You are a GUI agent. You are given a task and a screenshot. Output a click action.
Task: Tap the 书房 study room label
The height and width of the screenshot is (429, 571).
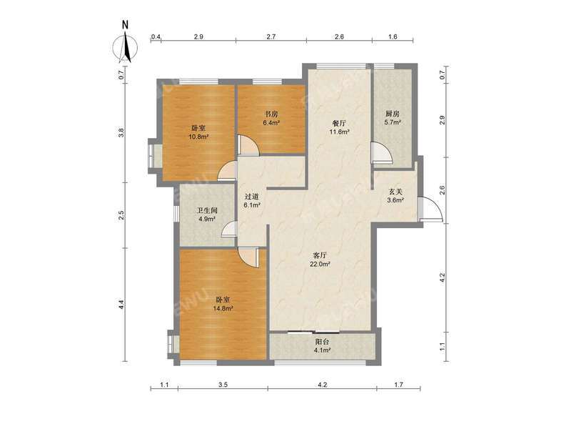(271, 113)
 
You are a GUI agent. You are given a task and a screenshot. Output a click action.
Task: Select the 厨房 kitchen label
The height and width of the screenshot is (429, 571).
(393, 113)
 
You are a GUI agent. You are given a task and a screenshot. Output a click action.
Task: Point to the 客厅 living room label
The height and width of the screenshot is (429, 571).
(320, 255)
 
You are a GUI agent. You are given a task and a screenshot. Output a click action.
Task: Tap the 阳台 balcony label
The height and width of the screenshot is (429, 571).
(323, 342)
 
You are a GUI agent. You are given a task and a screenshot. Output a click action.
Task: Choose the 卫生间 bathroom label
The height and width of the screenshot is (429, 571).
(207, 210)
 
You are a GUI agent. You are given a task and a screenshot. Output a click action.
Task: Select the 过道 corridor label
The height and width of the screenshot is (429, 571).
(251, 196)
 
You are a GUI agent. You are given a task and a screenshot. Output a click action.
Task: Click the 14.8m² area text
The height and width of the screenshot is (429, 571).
(223, 309)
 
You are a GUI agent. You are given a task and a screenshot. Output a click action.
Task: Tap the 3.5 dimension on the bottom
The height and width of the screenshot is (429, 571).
(223, 385)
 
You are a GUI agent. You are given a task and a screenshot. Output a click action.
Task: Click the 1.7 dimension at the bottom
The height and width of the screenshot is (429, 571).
(398, 385)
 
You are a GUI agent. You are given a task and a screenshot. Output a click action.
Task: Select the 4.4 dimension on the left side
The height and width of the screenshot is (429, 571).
(122, 304)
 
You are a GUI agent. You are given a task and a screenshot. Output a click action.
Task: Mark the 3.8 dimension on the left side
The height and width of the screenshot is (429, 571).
(122, 132)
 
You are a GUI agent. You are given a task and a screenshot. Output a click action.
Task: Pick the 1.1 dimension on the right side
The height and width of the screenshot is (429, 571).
(443, 346)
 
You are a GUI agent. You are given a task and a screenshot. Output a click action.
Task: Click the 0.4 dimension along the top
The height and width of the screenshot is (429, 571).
(156, 36)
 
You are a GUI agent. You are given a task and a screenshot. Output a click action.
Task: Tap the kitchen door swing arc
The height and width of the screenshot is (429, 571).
(381, 152)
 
